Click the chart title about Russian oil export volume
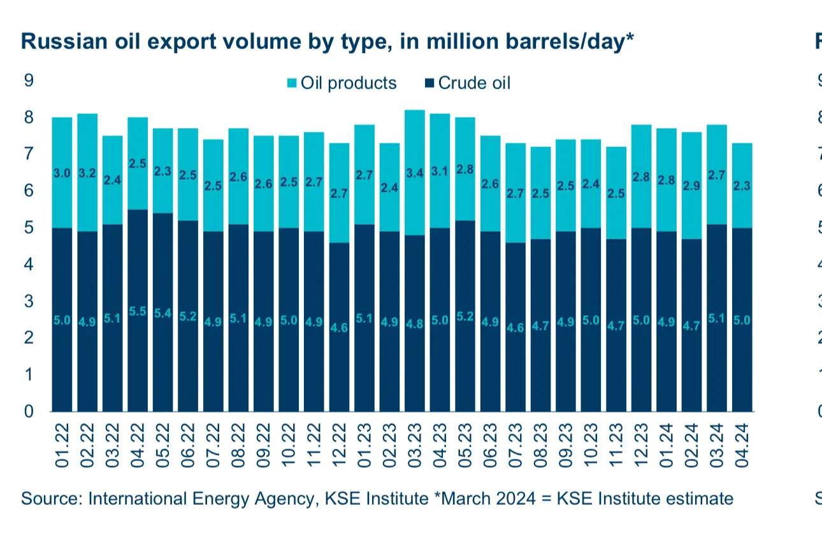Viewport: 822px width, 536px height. click(x=328, y=41)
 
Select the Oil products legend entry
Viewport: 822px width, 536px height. click(x=348, y=83)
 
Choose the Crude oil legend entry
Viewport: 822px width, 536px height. click(x=473, y=83)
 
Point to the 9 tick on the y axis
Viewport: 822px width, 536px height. click(x=29, y=80)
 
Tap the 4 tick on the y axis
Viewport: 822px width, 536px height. click(x=29, y=264)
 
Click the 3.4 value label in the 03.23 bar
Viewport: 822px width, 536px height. click(x=415, y=171)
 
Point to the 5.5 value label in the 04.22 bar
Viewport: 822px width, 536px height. click(x=138, y=312)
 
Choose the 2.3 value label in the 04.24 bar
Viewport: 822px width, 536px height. click(x=742, y=186)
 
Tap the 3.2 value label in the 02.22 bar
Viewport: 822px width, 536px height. click(x=87, y=173)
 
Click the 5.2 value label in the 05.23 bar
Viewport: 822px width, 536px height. click(x=466, y=316)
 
